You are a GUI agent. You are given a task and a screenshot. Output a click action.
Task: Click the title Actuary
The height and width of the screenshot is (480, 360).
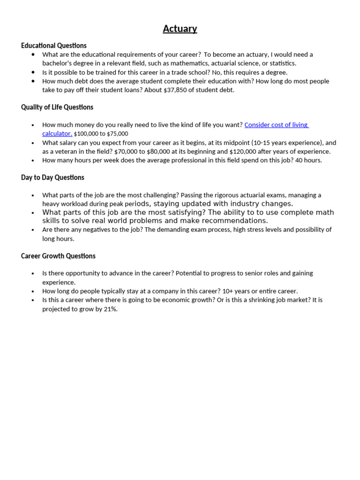pos(180,29)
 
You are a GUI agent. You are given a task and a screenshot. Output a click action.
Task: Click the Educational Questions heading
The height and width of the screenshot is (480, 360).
pos(53,45)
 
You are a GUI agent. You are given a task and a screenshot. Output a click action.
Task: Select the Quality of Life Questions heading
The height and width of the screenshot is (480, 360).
pos(57,107)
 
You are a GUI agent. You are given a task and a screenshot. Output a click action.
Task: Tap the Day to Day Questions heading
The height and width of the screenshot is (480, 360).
pos(52,178)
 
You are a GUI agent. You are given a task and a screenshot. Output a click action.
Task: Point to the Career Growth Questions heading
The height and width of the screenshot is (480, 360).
pos(58,256)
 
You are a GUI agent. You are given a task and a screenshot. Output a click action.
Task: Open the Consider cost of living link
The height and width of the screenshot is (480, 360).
pos(276,125)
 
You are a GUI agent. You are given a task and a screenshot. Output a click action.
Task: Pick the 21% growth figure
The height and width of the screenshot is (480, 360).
pos(110,309)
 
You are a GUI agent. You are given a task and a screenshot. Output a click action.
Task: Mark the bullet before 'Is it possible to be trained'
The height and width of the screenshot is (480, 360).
pos(33,72)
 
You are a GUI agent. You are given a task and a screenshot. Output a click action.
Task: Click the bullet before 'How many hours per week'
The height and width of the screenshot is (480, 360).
pos(33,160)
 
